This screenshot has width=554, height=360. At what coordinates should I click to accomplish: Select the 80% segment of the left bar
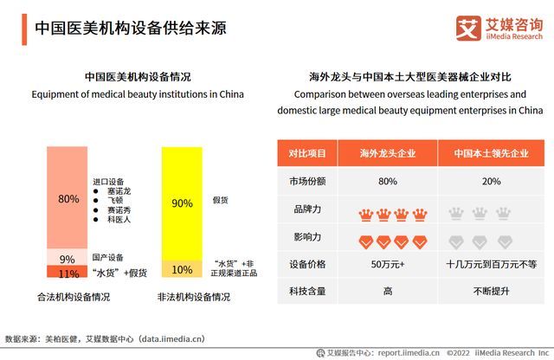(x=68, y=198)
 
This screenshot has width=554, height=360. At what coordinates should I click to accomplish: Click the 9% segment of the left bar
(x=68, y=259)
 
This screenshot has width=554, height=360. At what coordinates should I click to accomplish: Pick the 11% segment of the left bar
(x=68, y=273)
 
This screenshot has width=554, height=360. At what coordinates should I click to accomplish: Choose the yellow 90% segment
(x=182, y=203)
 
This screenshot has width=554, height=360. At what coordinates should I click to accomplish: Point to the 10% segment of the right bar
(x=182, y=269)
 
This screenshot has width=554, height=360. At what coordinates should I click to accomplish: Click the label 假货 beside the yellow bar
(x=221, y=200)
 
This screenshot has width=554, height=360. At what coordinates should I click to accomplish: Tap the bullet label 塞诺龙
(x=116, y=191)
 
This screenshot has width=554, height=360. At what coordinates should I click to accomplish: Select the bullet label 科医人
(x=116, y=221)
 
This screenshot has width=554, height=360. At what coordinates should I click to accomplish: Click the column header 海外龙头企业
(x=388, y=154)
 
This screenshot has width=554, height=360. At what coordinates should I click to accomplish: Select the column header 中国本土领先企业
(x=490, y=154)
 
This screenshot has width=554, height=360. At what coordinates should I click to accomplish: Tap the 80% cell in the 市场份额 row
(x=388, y=182)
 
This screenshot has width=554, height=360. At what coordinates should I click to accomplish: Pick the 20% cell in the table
(x=490, y=182)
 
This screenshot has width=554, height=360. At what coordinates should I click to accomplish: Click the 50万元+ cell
(x=388, y=264)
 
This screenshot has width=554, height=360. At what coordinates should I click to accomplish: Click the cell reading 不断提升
(x=490, y=292)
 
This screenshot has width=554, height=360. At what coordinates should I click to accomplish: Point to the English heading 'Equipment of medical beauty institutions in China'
(x=138, y=93)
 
